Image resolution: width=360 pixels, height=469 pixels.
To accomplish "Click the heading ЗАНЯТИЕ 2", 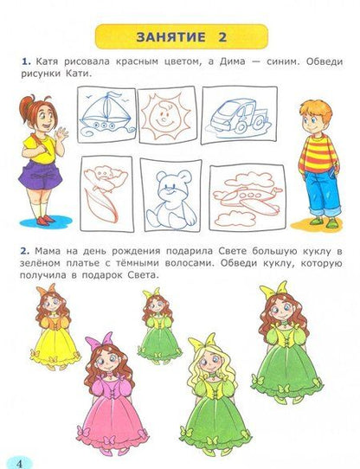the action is pyautogui.click(x=182, y=37).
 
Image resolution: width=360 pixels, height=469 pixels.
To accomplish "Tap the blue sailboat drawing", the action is pyautogui.click(x=106, y=113).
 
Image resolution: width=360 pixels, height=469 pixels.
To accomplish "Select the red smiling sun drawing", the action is pyautogui.click(x=166, y=115).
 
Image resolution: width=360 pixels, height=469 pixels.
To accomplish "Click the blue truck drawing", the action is pyautogui.click(x=239, y=117).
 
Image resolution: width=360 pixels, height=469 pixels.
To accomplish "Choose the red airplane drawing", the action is pyautogui.click(x=247, y=198).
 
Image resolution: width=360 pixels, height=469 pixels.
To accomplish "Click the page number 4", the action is pyautogui.click(x=19, y=463).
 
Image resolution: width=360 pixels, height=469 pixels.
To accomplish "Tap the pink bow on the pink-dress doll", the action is pyautogui.click(x=99, y=340).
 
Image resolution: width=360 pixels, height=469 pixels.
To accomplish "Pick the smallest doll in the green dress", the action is pyautogui.click(x=158, y=325).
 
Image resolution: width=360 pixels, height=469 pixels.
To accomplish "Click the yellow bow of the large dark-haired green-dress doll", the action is pyautogui.click(x=273, y=289).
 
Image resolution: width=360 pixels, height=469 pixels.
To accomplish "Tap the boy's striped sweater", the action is pyautogui.click(x=319, y=156).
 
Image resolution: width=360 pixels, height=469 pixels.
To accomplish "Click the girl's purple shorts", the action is pyautogui.click(x=40, y=176).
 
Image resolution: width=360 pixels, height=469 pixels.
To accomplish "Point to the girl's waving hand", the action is pyautogui.click(x=61, y=135).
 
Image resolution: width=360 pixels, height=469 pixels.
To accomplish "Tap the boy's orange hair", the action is pyautogui.click(x=317, y=112).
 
